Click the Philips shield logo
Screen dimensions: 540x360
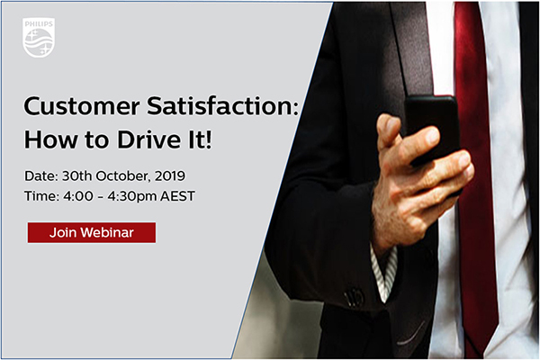point(39,37)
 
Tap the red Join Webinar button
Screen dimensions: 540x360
point(92,232)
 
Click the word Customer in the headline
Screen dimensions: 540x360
point(82,106)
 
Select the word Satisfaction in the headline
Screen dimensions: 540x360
point(222,106)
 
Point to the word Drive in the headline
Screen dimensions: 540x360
point(148,139)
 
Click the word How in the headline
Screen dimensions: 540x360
point(51,139)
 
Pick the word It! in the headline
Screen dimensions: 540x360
point(200,139)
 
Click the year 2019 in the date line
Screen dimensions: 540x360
point(170,176)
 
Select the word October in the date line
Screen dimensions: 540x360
point(123,176)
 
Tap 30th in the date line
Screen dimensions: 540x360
point(76,176)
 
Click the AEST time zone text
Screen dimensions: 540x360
point(177,196)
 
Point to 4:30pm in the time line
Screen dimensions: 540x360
point(132,197)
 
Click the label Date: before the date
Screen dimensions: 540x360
point(41,176)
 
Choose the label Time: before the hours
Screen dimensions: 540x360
point(41,196)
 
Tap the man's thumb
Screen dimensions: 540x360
point(389,130)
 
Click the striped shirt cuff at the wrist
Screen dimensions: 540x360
point(384,272)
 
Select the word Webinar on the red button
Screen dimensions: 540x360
point(107,232)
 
